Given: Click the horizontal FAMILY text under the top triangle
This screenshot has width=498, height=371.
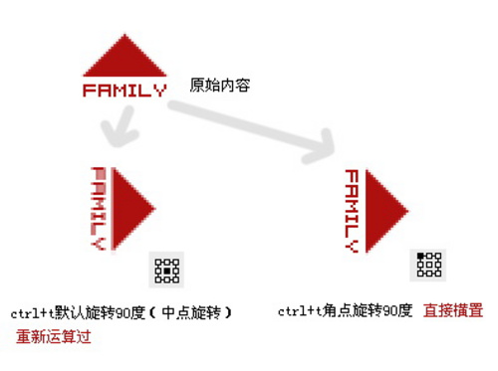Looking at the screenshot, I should [x=124, y=91].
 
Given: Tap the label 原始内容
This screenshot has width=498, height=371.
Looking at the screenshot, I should [x=219, y=87].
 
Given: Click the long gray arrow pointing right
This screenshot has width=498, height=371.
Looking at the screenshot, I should [x=259, y=126].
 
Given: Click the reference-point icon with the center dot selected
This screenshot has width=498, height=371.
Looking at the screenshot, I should [x=167, y=269].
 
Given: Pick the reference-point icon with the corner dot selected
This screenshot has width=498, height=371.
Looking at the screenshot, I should [x=428, y=265].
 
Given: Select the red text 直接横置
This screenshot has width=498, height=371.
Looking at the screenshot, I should [x=453, y=311].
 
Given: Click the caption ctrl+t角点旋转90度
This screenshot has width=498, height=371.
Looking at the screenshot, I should [x=345, y=311].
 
